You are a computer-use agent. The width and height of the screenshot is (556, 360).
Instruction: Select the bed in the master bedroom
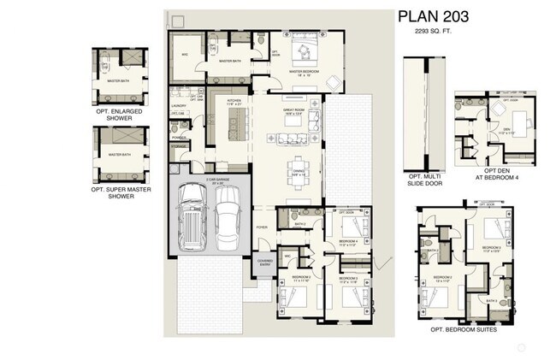click(305, 50)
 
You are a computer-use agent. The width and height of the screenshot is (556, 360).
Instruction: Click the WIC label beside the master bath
click(183, 53)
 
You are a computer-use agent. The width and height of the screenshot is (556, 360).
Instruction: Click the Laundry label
click(179, 106)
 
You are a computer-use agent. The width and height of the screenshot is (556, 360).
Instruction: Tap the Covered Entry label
click(264, 263)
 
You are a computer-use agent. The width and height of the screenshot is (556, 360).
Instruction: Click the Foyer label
click(262, 227)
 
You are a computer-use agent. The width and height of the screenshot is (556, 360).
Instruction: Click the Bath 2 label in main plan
click(299, 224)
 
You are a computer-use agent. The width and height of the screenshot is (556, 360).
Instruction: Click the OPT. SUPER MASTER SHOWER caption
click(121, 192)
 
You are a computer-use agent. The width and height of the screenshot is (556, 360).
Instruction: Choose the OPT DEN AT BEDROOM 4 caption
click(496, 174)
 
